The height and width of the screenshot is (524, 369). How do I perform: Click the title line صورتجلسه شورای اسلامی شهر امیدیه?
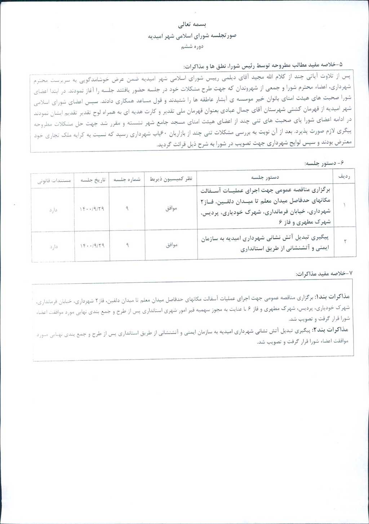point(192,36)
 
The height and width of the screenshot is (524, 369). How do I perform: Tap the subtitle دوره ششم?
point(192,47)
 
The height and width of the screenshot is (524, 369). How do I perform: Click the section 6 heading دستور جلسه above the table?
point(324,163)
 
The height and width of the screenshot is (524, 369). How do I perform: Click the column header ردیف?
point(344,177)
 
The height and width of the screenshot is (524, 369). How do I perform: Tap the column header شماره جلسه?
point(127,179)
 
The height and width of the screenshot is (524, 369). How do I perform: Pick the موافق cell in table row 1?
point(171,208)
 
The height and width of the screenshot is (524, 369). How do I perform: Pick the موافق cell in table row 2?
point(171,245)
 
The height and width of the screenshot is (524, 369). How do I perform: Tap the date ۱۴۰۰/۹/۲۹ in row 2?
point(92,246)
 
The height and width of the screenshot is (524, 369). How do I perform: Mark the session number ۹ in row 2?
point(127,245)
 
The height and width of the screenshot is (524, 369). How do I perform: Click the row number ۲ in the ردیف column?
point(345,241)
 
